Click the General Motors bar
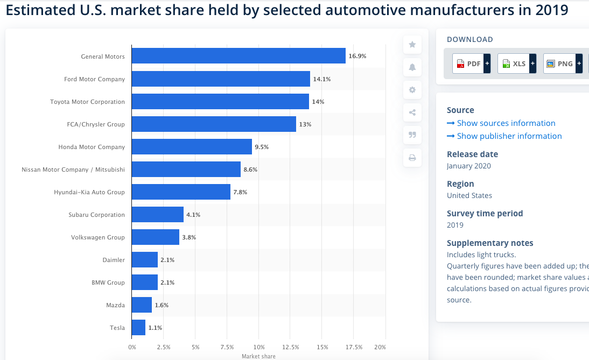pyautogui.click(x=239, y=56)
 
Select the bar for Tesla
pyautogui.click(x=138, y=328)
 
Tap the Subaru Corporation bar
pyautogui.click(x=157, y=215)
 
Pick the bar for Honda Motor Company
pyautogui.click(x=192, y=147)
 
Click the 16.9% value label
pyautogui.click(x=357, y=57)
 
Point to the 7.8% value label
pyautogui.click(x=240, y=192)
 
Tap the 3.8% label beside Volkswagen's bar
pyautogui.click(x=189, y=237)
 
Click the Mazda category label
pyautogui.click(x=115, y=305)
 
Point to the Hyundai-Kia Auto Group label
pyautogui.click(x=89, y=192)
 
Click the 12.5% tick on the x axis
pyautogui.click(x=291, y=347)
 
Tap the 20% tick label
pyautogui.click(x=380, y=347)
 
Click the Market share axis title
pyautogui.click(x=258, y=356)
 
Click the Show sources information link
pyautogui.click(x=506, y=123)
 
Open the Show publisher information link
pyautogui.click(x=509, y=136)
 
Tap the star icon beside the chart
pyautogui.click(x=412, y=45)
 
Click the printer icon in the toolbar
pyautogui.click(x=412, y=158)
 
